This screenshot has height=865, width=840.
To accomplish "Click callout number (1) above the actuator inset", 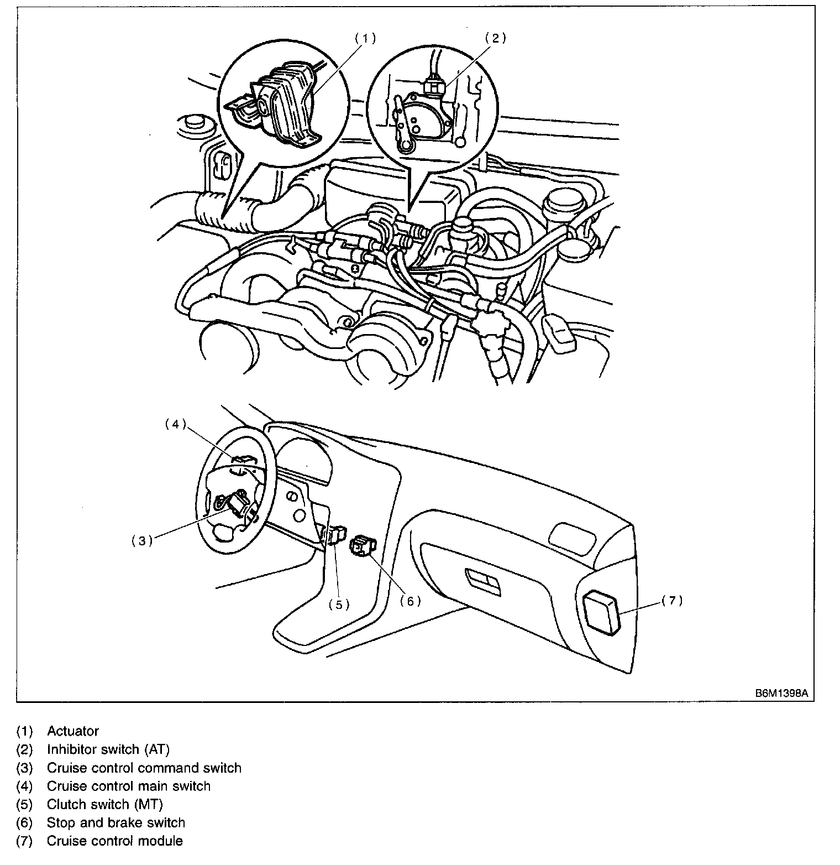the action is tap(365, 38).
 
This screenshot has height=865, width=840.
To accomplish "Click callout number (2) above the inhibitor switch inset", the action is tap(496, 38).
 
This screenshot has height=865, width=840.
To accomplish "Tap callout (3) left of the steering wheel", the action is tap(142, 541).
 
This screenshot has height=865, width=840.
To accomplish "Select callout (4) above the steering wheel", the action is tap(175, 425).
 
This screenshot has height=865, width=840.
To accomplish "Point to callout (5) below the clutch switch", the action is tap(339, 605).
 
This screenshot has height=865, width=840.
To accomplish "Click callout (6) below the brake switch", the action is tap(411, 601).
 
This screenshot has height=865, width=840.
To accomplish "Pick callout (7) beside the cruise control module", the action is tap(672, 601).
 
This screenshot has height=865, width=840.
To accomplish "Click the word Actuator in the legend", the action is tap(73, 731).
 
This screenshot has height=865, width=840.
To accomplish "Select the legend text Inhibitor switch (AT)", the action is tap(108, 749).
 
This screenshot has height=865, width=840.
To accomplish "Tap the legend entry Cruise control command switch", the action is tap(144, 768).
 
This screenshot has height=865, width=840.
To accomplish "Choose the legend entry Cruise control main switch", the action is tap(129, 786).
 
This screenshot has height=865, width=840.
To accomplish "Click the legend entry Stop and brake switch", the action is tap(116, 823).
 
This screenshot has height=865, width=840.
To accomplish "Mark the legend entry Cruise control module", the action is tap(115, 841).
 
